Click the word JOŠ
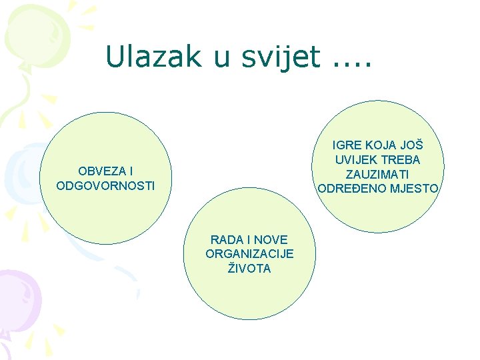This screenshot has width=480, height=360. click(411, 146)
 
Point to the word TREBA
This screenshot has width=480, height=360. click(402, 160)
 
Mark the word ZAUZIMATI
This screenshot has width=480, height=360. click(379, 174)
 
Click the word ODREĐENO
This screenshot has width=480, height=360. click(349, 189)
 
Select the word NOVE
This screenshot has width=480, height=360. click(273, 239)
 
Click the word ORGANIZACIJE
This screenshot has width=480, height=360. click(250, 254)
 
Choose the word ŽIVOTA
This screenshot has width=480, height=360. click(250, 268)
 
